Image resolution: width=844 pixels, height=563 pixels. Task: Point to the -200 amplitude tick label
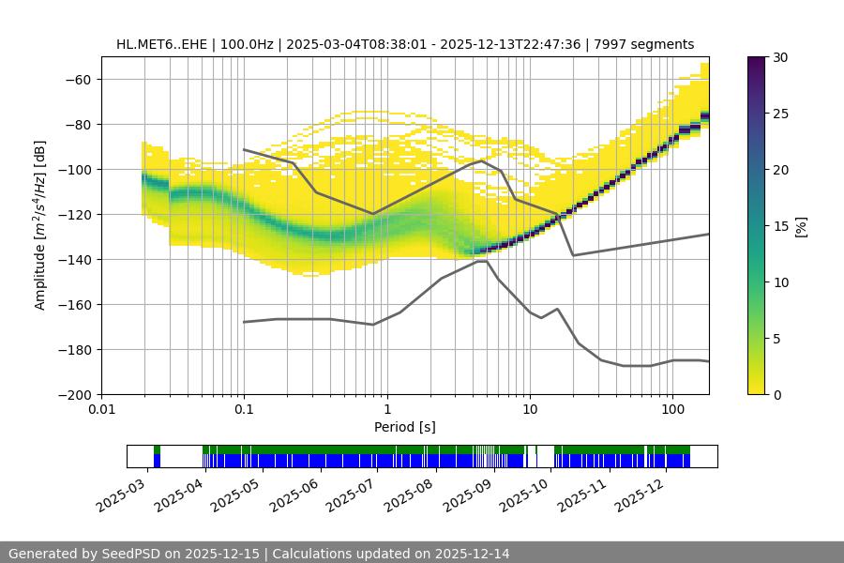(x=76, y=394)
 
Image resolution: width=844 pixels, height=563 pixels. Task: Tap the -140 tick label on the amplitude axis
(x=76, y=259)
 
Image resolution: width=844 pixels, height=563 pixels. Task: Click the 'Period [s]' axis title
(x=404, y=427)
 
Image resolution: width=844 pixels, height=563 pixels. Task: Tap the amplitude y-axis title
(x=40, y=225)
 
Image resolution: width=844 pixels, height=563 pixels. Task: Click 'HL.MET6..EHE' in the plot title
(x=156, y=44)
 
